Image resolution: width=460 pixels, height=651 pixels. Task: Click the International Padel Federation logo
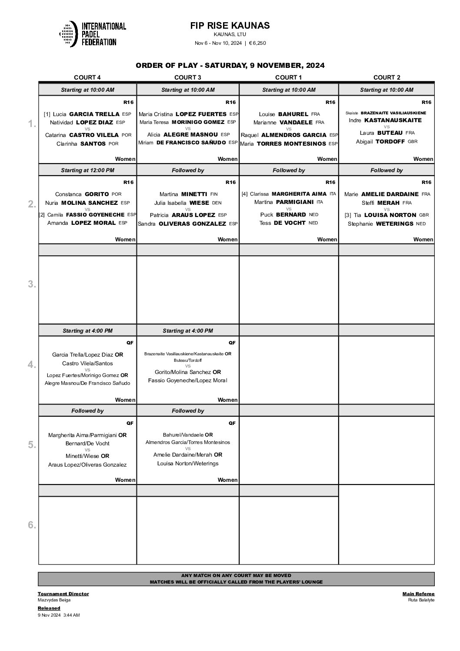pyautogui.click(x=92, y=34)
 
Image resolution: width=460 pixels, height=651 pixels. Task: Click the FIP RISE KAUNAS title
pyautogui.click(x=230, y=26)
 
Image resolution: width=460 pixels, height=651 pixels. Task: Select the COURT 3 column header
pyautogui.click(x=187, y=77)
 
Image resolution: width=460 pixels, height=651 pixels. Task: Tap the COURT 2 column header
pyautogui.click(x=387, y=77)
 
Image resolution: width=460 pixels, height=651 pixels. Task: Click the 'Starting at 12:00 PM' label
pyautogui.click(x=87, y=170)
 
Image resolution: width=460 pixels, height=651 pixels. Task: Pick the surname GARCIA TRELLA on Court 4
pyautogui.click(x=94, y=114)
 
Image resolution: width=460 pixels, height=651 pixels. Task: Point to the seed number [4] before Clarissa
pyautogui.click(x=244, y=194)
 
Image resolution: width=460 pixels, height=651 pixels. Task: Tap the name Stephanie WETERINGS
pyautogui.click(x=387, y=224)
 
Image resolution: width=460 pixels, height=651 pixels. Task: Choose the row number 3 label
pyautogui.click(x=32, y=284)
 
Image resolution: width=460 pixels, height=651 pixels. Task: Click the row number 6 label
pyautogui.click(x=32, y=525)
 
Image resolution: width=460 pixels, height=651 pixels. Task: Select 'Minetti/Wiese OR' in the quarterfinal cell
pyautogui.click(x=87, y=456)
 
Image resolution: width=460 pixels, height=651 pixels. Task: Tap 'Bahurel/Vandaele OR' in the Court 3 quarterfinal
pyautogui.click(x=187, y=435)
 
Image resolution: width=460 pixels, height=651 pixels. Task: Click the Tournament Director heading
pyautogui.click(x=63, y=594)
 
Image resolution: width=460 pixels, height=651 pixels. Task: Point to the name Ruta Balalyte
pyautogui.click(x=421, y=601)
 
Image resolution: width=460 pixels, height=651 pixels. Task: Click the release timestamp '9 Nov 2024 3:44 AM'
pyautogui.click(x=59, y=615)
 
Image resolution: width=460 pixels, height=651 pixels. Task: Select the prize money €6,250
pyautogui.click(x=257, y=43)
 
